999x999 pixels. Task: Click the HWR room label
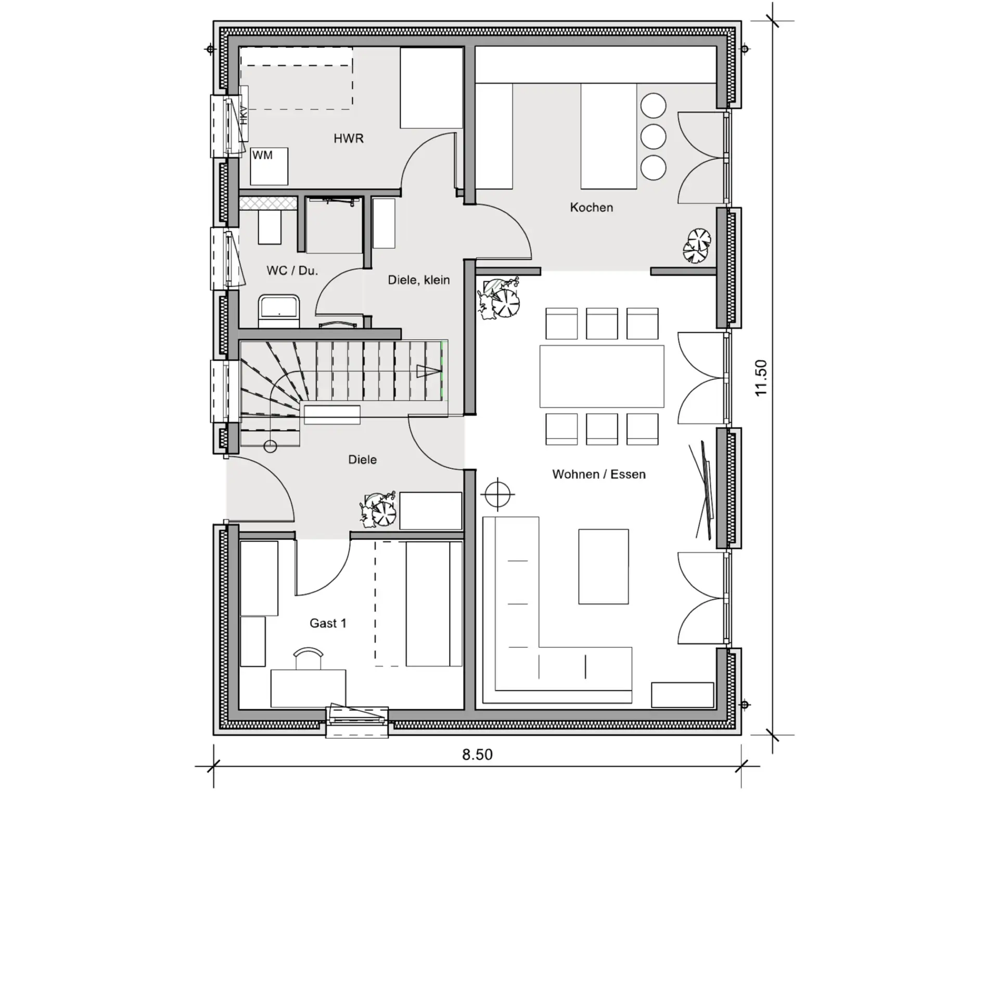click(348, 138)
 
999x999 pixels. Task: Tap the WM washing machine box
click(269, 166)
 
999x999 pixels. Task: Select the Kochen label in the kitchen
click(591, 207)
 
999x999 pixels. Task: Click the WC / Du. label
click(292, 271)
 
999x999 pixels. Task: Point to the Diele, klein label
click(419, 280)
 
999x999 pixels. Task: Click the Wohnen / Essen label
click(599, 474)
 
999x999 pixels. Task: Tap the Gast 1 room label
click(328, 623)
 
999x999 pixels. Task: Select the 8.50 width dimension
click(477, 754)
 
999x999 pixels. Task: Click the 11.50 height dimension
click(761, 378)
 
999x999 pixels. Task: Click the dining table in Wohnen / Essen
click(601, 376)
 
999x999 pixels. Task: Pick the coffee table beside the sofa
click(604, 567)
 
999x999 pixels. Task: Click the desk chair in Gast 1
click(308, 658)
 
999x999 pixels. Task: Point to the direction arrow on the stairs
click(428, 372)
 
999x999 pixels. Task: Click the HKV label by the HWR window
click(244, 115)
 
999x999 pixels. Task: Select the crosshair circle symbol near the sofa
click(498, 493)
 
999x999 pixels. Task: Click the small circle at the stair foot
click(271, 446)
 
